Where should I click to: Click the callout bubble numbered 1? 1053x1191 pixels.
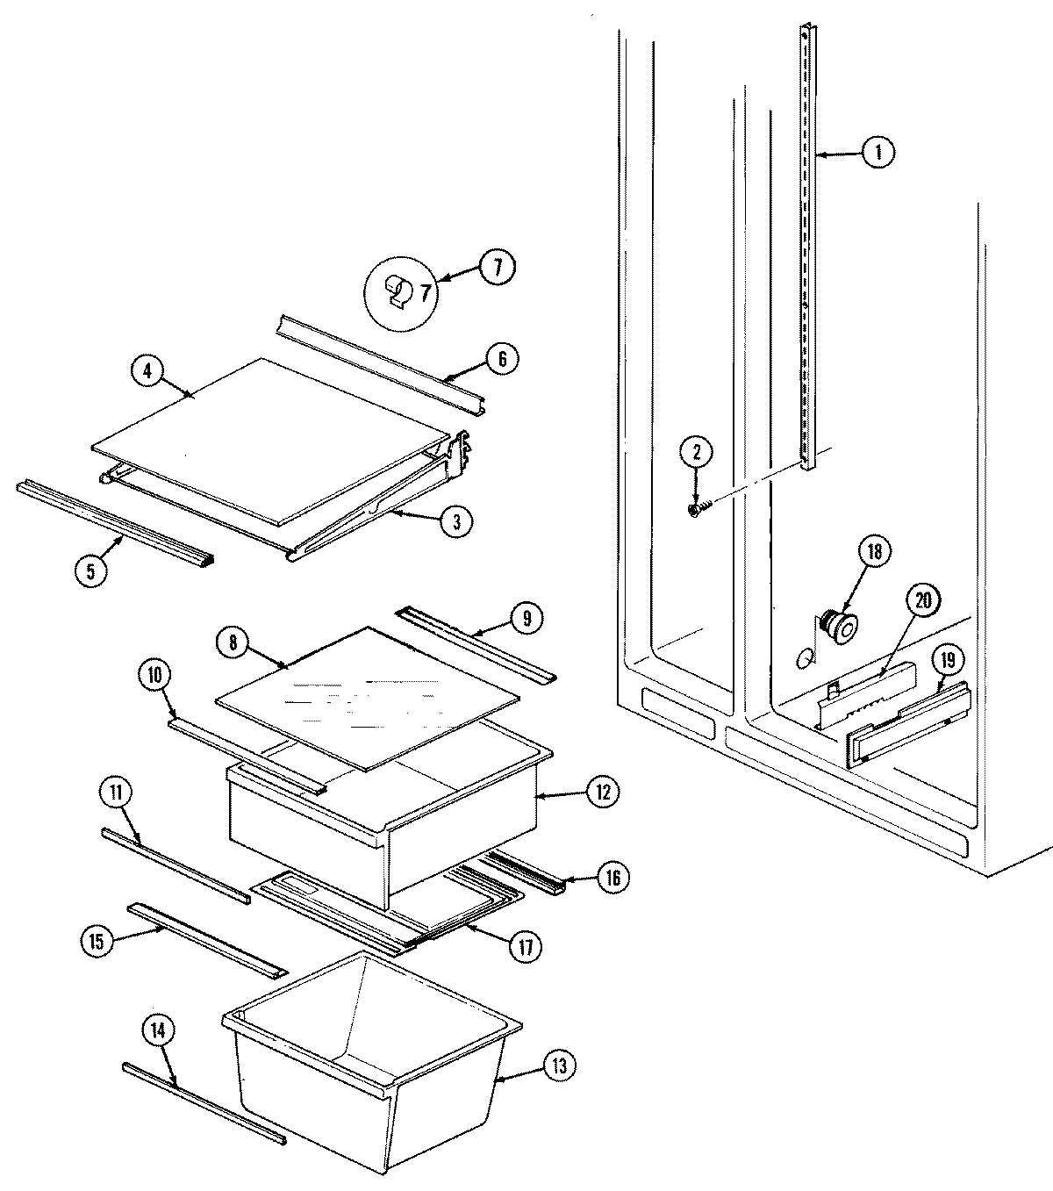877,153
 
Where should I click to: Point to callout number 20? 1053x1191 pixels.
921,601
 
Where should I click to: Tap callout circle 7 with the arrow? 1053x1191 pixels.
498,267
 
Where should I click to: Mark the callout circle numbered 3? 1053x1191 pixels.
456,521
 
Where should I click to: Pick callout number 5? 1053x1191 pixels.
91,569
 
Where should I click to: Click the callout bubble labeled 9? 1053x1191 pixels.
526,618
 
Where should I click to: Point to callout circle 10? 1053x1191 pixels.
154,675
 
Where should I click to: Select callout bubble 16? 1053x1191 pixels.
612,877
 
